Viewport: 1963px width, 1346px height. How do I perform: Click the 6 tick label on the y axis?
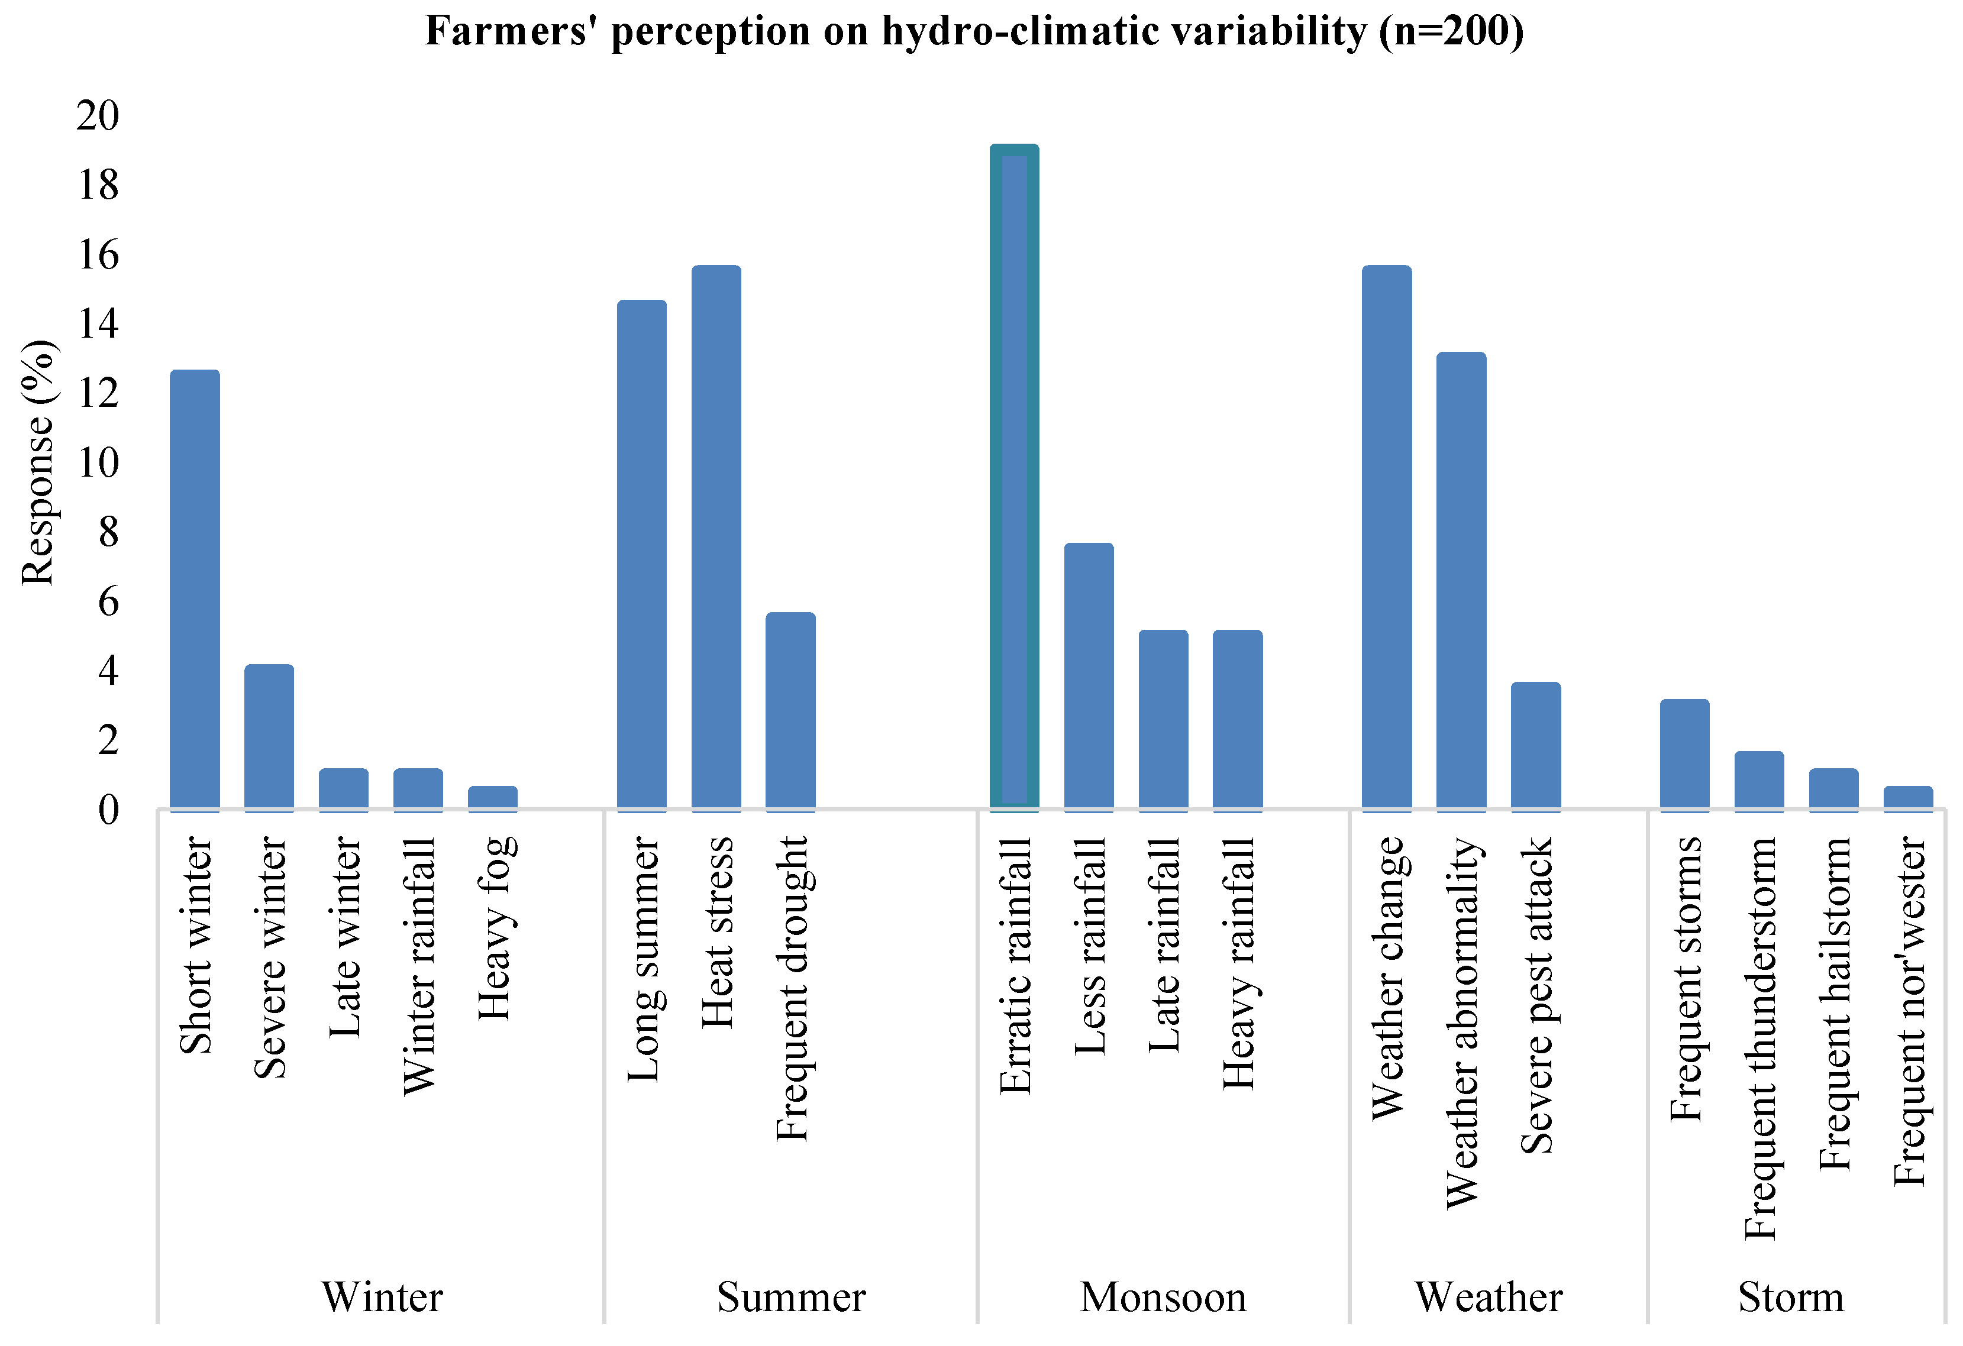108,602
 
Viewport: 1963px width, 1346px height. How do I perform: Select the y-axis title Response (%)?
38,462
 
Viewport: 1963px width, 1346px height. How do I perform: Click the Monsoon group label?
1163,1297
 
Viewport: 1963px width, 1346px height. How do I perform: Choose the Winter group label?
382,1297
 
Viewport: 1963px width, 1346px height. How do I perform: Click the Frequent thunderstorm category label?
1760,1038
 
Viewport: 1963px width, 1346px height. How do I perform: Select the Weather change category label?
1388,978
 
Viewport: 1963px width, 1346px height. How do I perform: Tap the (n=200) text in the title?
1451,32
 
